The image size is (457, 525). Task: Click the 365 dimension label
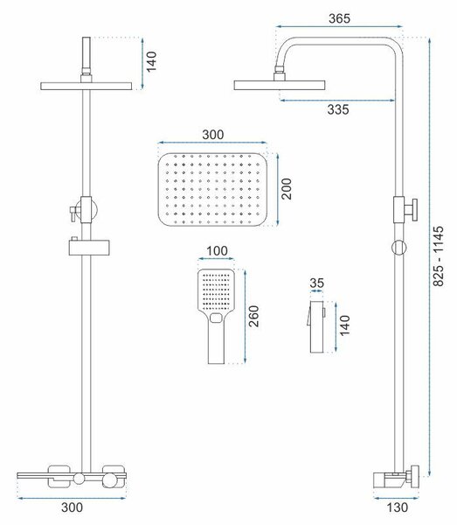pos(339,18)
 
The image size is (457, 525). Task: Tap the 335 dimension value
pos(338,109)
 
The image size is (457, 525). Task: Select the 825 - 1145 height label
pos(439,256)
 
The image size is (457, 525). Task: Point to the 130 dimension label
pos(398,507)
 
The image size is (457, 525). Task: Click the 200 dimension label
pos(286,189)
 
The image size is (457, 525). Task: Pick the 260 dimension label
pos(253,316)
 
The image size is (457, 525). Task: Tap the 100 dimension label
pos(217,251)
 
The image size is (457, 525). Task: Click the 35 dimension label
pos(316,283)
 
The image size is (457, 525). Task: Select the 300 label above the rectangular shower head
pos(213,135)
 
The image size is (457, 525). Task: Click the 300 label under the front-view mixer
pos(72,507)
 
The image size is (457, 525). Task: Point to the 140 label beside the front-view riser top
pos(151,61)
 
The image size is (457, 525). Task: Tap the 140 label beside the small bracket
pos(344,325)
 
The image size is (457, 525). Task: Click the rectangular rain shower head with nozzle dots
pos(212,190)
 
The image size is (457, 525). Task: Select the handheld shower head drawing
pos(216,316)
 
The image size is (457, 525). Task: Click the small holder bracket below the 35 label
pos(316,326)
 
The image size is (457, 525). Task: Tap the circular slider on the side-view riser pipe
pos(398,248)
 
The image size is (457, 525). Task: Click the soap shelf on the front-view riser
pos(89,247)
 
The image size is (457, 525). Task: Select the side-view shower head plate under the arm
pos(280,85)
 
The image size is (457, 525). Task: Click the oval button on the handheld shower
pos(216,318)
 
